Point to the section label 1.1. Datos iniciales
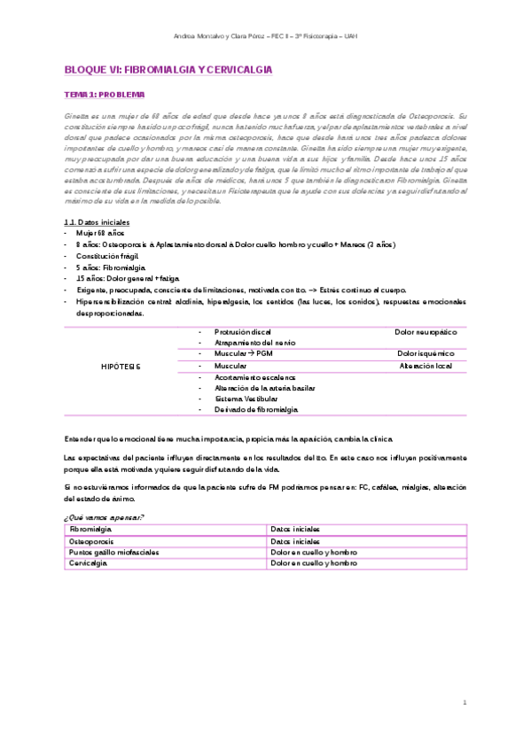(97, 221)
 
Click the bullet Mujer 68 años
(101, 232)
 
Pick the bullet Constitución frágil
(109, 255)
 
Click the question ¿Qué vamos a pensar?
(104, 516)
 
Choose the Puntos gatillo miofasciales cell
(113, 550)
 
